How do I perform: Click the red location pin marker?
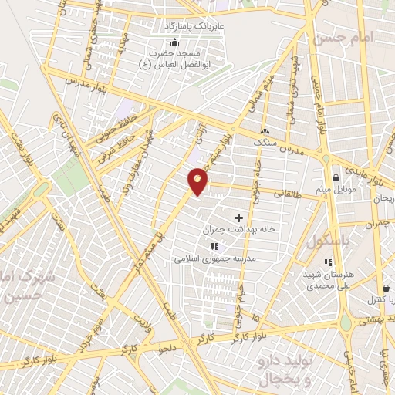click(198, 181)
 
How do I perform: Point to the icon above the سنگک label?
click(265, 130)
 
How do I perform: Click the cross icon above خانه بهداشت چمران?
click(238, 218)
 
